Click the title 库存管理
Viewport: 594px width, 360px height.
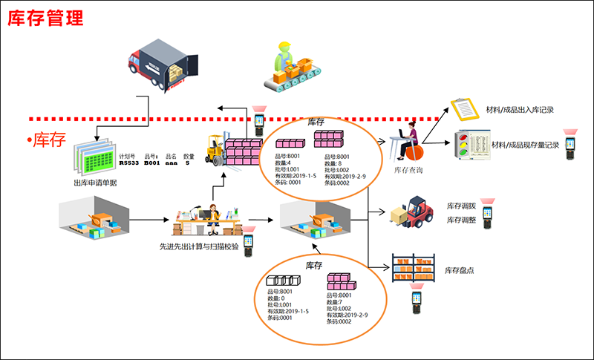45,19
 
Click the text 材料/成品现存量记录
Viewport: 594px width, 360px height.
525,145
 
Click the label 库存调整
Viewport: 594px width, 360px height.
462,220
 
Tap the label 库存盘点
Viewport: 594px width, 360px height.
460,270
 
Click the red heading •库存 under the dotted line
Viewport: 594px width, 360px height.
48,140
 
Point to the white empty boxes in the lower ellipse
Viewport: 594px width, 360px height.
287,281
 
